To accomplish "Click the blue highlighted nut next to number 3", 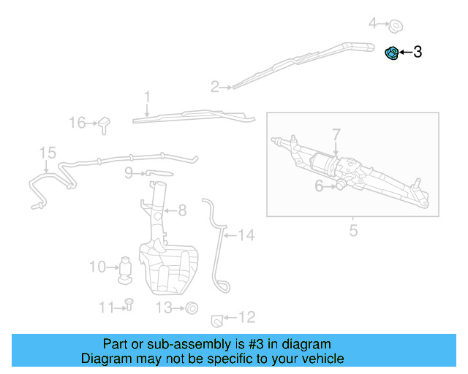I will [392, 53].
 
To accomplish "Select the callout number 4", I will [373, 24].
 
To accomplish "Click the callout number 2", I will [215, 88].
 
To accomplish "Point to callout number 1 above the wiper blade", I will [147, 96].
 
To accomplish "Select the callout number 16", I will [78, 123].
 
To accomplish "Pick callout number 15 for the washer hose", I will [48, 153].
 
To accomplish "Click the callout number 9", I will [129, 173].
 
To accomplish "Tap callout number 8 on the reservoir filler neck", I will [182, 210].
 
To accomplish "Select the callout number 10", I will [97, 267].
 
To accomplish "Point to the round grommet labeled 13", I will [192, 308].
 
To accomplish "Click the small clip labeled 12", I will [216, 318].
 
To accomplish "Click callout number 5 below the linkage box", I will [353, 232].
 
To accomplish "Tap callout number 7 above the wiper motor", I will [336, 135].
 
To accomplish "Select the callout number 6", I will [319, 186].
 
